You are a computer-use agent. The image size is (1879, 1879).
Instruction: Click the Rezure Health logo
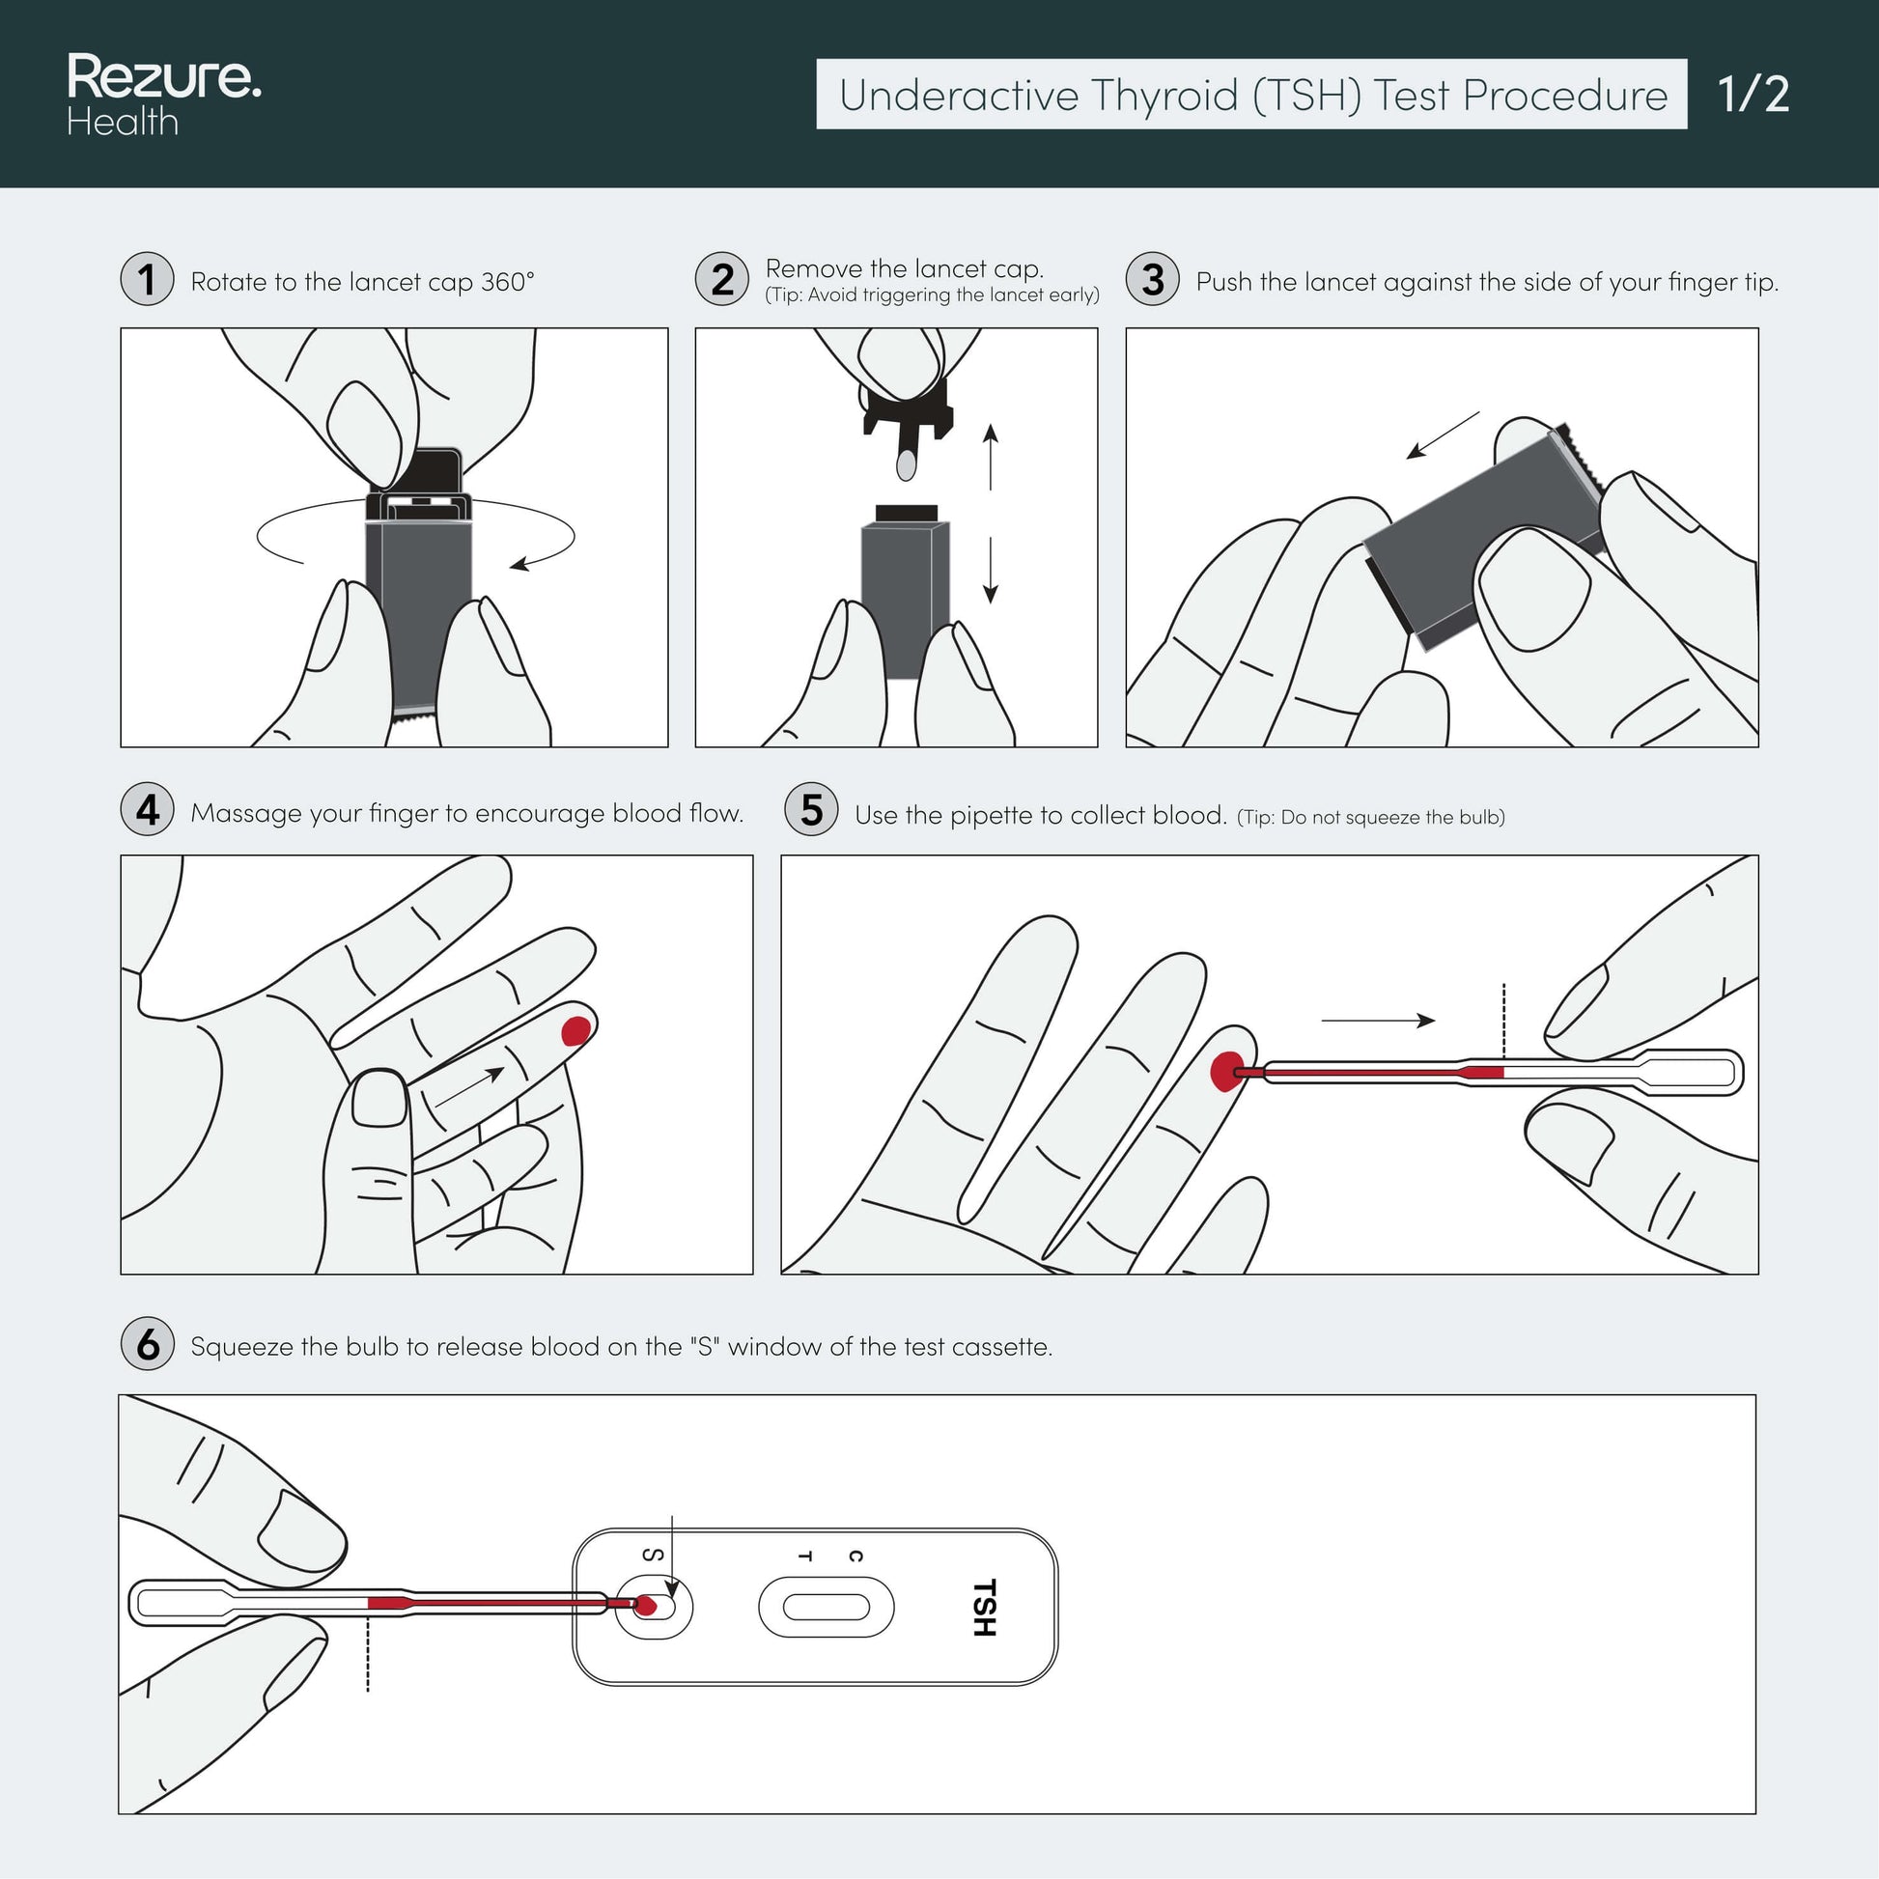(164, 95)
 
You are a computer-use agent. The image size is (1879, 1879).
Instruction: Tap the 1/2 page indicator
(1753, 95)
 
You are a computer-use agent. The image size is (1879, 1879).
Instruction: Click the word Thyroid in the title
(1164, 97)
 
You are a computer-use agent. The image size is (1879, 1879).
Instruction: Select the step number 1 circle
(147, 279)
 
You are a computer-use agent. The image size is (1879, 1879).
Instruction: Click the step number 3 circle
(1153, 279)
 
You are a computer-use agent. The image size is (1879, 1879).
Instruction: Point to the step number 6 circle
(147, 1344)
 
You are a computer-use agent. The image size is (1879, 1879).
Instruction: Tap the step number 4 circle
(147, 809)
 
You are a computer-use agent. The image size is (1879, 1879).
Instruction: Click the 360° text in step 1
(508, 282)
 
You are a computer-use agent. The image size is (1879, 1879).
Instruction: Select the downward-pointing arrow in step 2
(990, 570)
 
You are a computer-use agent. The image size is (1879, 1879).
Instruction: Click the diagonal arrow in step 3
(1443, 435)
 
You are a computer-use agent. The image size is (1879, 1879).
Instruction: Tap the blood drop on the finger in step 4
(575, 1030)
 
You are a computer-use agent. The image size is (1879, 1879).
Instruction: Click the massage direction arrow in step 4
(469, 1087)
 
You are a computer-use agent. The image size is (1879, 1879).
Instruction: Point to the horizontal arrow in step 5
(1378, 1021)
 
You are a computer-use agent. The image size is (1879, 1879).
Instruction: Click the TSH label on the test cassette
(984, 1607)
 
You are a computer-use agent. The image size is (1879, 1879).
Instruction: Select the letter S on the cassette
(655, 1556)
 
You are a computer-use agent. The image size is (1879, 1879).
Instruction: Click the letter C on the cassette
(855, 1556)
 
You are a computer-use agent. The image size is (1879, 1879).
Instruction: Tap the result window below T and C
(826, 1608)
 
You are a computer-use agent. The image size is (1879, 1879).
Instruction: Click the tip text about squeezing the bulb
(1370, 818)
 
